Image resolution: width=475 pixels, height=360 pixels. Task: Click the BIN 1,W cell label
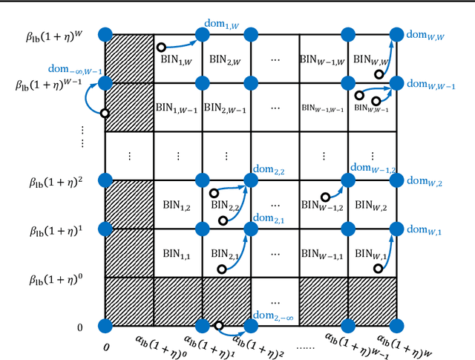176,62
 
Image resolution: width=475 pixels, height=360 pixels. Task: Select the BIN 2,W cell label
225,58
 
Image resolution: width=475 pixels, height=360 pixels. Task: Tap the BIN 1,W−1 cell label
176,108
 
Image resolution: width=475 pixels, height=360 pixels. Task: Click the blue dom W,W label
424,33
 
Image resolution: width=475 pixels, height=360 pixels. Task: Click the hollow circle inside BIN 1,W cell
160,48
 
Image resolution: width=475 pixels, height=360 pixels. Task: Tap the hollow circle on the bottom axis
219,325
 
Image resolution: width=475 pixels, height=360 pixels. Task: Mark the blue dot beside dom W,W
396,33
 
